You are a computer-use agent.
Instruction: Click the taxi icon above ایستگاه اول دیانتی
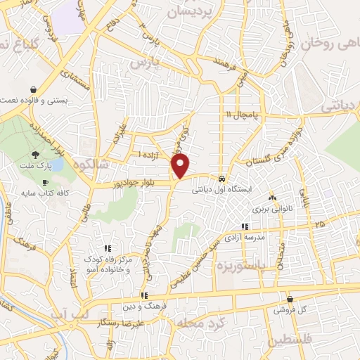(x=222, y=179)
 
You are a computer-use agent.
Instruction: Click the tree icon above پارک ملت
(x=36, y=155)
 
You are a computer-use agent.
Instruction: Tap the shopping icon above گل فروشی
(x=289, y=299)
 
